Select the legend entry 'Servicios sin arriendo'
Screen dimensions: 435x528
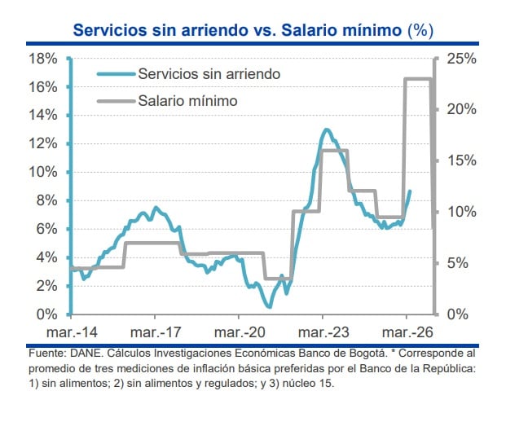point(209,73)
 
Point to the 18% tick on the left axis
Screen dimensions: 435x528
point(42,59)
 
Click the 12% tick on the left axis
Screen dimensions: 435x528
point(42,143)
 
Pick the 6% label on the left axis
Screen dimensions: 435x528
point(46,229)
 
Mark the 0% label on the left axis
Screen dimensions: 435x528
point(46,314)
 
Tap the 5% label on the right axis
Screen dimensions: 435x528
point(458,263)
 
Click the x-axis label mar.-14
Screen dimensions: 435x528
point(71,332)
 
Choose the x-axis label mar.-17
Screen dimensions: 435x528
point(154,332)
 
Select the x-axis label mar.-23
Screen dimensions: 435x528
point(323,332)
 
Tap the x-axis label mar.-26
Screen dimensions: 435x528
point(407,332)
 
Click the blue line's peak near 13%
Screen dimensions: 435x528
point(326,130)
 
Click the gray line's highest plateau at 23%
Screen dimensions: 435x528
point(418,79)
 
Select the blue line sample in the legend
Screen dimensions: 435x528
point(115,73)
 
